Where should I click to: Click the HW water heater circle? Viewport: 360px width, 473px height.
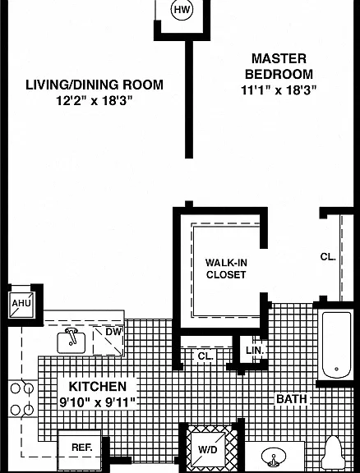click(x=182, y=10)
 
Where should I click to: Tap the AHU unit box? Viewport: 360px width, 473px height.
click(x=21, y=305)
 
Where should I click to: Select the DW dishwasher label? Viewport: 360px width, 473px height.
click(x=113, y=332)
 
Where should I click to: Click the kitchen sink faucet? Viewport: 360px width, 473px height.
click(x=72, y=335)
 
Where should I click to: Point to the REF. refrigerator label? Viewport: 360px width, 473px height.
click(x=82, y=448)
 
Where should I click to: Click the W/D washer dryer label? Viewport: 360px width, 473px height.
click(x=207, y=450)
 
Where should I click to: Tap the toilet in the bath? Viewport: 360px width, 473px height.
click(x=333, y=452)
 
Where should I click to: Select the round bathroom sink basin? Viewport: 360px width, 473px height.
click(x=274, y=458)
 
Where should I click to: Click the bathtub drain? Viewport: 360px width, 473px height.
click(x=336, y=369)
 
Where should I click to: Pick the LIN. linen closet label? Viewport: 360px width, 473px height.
click(x=255, y=351)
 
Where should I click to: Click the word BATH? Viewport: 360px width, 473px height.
click(x=292, y=399)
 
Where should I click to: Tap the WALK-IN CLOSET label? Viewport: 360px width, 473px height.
click(x=226, y=269)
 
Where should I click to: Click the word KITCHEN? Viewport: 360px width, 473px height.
click(x=98, y=387)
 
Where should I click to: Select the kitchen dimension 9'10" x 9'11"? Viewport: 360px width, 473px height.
click(x=98, y=402)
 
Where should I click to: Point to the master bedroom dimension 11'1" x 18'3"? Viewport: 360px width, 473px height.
click(x=279, y=90)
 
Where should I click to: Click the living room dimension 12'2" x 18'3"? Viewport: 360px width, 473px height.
click(x=95, y=101)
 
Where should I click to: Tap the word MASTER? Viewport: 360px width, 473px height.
click(x=279, y=58)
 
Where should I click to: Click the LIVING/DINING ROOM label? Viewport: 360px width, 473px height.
click(x=95, y=85)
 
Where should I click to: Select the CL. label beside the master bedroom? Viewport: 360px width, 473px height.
click(x=328, y=257)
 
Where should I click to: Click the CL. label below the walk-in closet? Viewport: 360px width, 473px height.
click(x=205, y=356)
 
